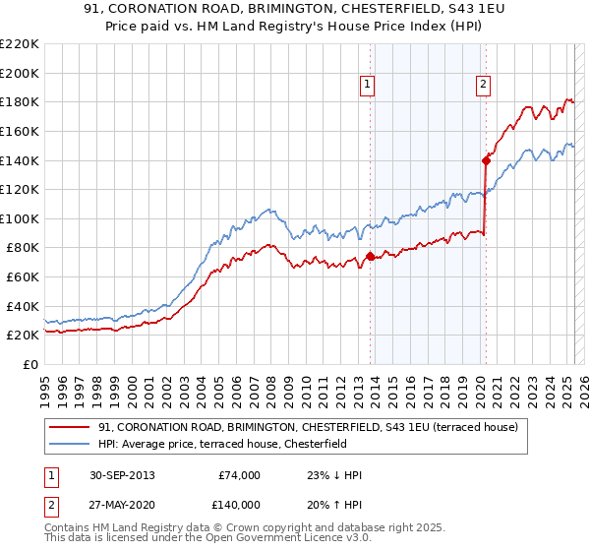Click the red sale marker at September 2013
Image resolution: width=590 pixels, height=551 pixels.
coord(370,256)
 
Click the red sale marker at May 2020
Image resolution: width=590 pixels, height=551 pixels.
coord(486,159)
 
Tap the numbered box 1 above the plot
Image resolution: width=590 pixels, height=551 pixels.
coord(367,86)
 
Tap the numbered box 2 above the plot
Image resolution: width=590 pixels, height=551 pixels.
coord(484,86)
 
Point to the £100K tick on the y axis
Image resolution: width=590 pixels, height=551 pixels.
coord(22,218)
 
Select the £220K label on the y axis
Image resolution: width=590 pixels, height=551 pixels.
coord(22,44)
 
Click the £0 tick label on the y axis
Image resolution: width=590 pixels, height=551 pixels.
coord(30,364)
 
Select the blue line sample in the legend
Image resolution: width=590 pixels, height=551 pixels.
coord(71,444)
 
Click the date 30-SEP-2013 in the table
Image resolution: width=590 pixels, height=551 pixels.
coord(121,475)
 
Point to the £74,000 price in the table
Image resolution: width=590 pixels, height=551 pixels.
coord(239,475)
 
